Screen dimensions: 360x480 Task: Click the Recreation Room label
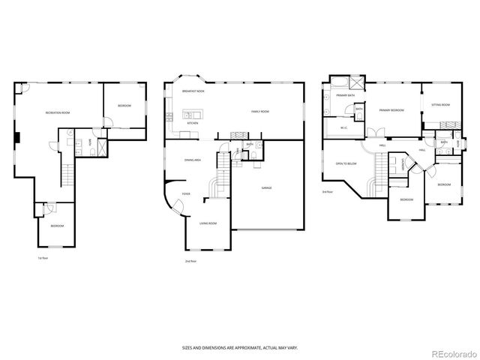pos(58,112)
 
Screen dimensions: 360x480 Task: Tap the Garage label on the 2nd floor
pos(266,187)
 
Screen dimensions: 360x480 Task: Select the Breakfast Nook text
pos(193,91)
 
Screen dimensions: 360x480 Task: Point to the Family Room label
pos(260,112)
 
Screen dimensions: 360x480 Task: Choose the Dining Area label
pos(193,160)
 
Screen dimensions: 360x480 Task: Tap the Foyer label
pos(186,193)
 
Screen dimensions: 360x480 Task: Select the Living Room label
pos(208,223)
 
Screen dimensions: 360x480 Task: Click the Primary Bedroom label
pos(391,110)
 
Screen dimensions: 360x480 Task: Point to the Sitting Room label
pos(440,105)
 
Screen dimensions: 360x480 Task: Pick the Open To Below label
pos(346,163)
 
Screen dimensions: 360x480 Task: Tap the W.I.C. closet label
pos(343,127)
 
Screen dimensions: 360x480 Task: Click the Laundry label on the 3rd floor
pos(403,164)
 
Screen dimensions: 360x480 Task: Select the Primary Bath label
pos(345,96)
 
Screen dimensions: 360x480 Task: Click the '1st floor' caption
pos(43,259)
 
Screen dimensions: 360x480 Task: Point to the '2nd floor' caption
pos(190,261)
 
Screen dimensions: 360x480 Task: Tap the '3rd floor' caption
pos(327,193)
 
